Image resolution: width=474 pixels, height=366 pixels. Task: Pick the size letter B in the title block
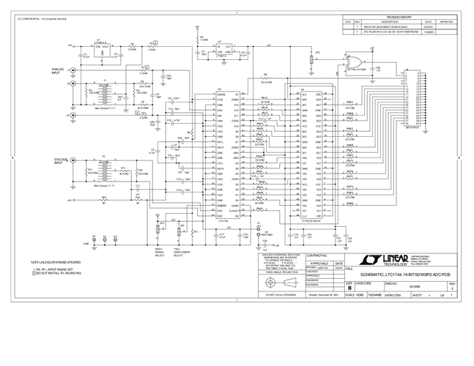point(349,288)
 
